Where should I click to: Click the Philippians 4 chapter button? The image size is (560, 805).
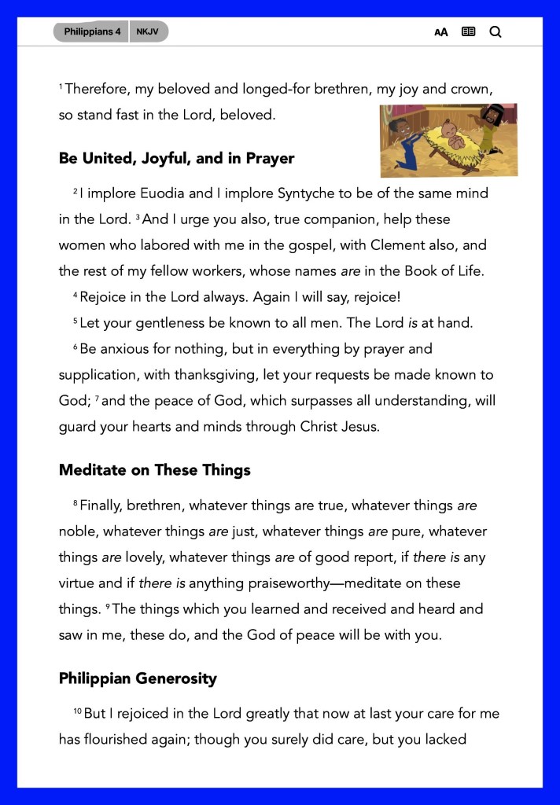[x=92, y=32]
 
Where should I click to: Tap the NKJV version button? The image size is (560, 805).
[x=148, y=32]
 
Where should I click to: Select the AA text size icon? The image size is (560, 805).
[x=441, y=32]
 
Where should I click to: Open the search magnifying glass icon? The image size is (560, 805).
[x=496, y=32]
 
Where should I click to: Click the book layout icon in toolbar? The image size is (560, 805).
[x=468, y=32]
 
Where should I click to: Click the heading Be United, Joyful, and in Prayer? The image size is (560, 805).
[x=176, y=158]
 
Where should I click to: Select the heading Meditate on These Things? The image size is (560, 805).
[x=154, y=470]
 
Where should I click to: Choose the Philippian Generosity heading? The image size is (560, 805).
[x=138, y=678]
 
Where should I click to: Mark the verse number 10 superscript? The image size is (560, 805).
[x=77, y=711]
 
